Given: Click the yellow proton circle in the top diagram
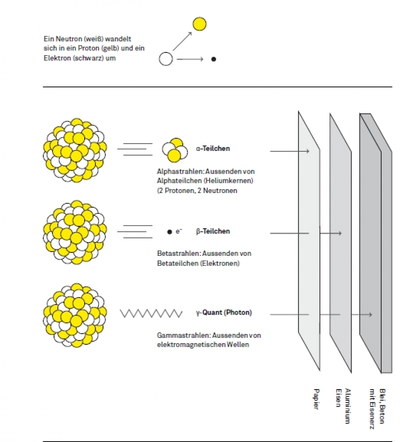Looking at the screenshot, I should pos(199,24).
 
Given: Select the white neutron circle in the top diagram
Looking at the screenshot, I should pos(166,59).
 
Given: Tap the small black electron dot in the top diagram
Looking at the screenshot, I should pos(213,59).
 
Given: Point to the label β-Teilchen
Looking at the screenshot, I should pos(213,231).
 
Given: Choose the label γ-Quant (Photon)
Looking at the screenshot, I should pos(224,313).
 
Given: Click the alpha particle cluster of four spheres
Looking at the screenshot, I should pos(175,149).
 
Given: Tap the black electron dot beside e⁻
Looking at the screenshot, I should pos(170,232).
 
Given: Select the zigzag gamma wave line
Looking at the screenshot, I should pos(151,313).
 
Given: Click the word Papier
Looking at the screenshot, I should pos(315,399).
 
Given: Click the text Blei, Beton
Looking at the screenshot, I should pos(382,406).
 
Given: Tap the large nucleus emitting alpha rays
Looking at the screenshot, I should pos(74,149).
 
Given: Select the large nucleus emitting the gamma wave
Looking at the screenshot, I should pos(74,315).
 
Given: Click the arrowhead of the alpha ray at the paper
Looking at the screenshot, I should pos(307,151).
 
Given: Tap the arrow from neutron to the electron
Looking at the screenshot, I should pos(189,59).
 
